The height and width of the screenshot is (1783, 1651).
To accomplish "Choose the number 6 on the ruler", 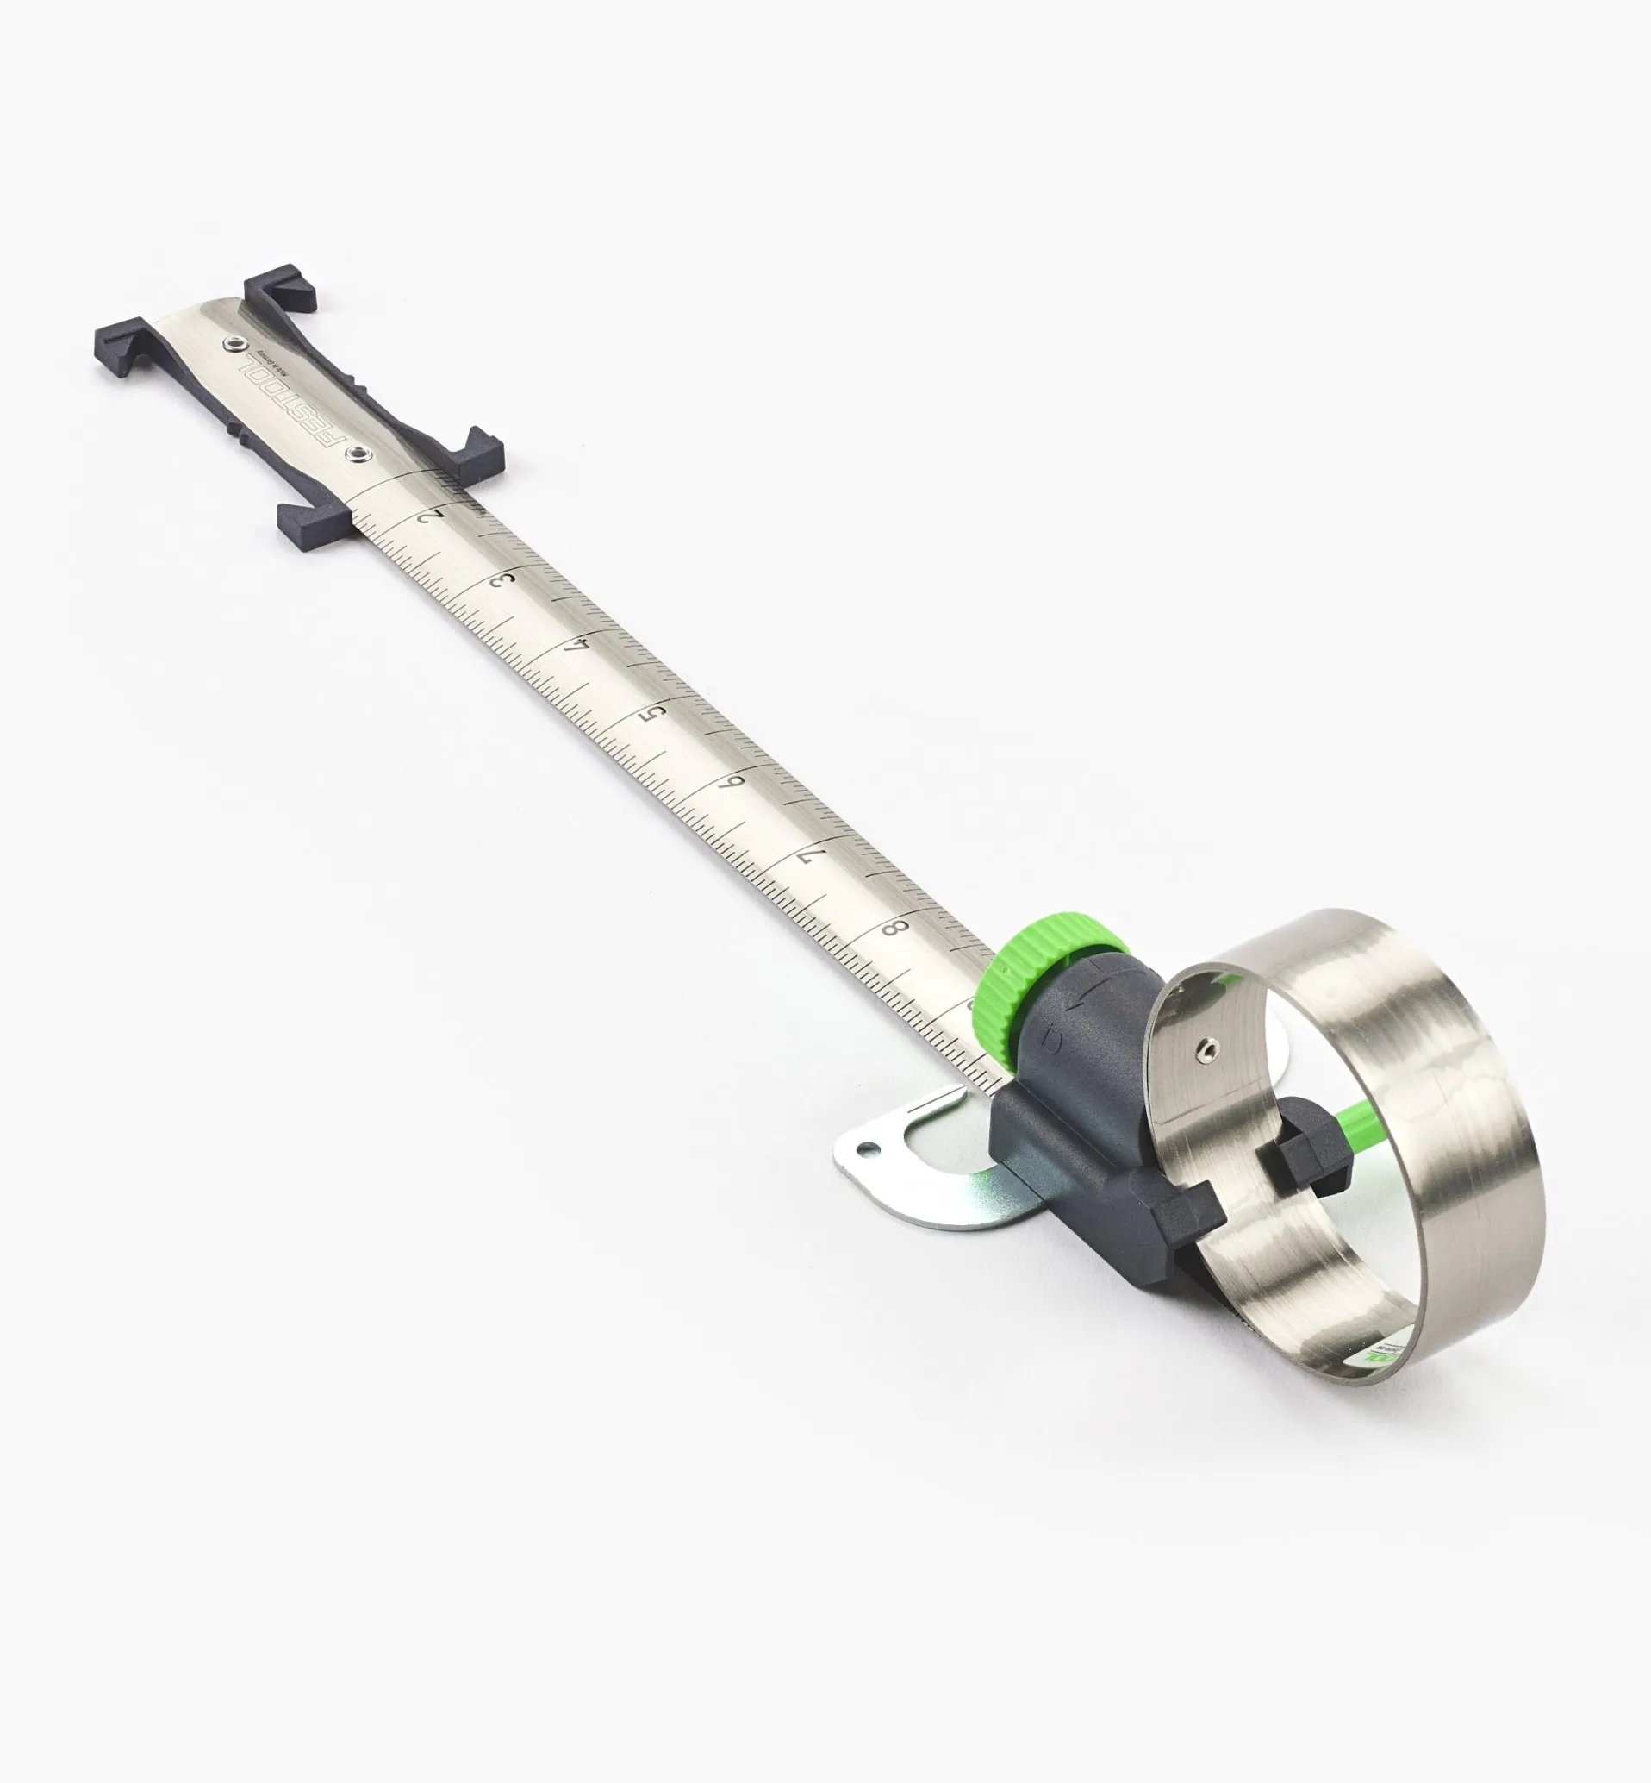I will point(735,783).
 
